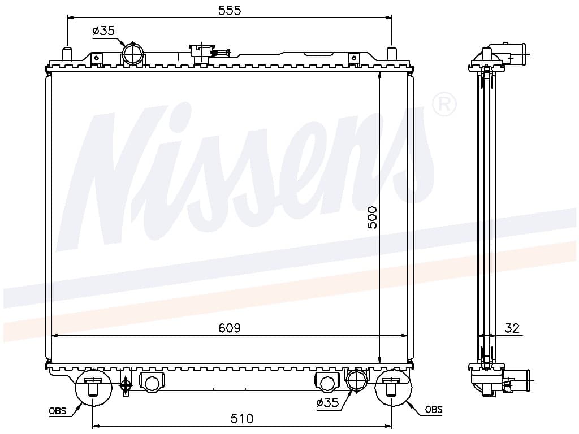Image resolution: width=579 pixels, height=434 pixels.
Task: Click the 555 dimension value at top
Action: pos(230,10)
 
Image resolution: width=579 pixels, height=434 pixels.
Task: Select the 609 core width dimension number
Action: pos(230,328)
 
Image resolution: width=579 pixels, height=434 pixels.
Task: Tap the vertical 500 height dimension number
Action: pos(372,218)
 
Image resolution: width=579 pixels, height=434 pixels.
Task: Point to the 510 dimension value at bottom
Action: pos(242,419)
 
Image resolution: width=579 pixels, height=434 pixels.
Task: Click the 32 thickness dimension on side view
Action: pos(512,328)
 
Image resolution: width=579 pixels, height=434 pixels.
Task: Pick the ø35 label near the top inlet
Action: pos(104,31)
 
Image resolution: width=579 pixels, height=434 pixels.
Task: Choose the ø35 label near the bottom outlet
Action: pos(327,402)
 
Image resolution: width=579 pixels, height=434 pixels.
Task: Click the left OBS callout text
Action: pos(58,411)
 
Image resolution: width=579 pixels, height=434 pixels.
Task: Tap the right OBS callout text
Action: pos(434,409)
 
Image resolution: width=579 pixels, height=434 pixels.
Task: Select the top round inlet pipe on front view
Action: pos(133,54)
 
